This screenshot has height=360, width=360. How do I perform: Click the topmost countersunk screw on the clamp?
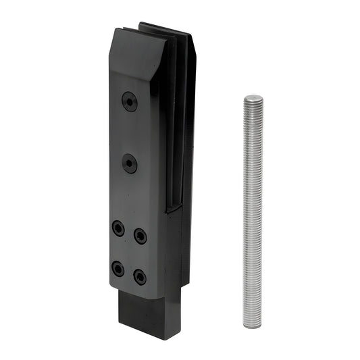(130, 102)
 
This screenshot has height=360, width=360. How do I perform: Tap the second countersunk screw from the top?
(130, 163)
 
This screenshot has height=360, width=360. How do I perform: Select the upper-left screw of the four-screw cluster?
(118, 228)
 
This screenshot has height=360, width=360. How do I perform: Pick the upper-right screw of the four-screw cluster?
(140, 236)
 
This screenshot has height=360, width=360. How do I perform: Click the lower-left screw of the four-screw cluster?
(118, 269)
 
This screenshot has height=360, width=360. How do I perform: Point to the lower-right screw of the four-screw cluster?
(140, 277)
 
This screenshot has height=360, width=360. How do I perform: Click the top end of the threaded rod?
(253, 98)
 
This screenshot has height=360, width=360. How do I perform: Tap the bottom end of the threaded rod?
(252, 326)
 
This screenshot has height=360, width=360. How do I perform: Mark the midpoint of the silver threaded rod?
(253, 212)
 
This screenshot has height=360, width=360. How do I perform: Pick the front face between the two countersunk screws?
(130, 132)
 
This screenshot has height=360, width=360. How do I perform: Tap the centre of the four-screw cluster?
(129, 253)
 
